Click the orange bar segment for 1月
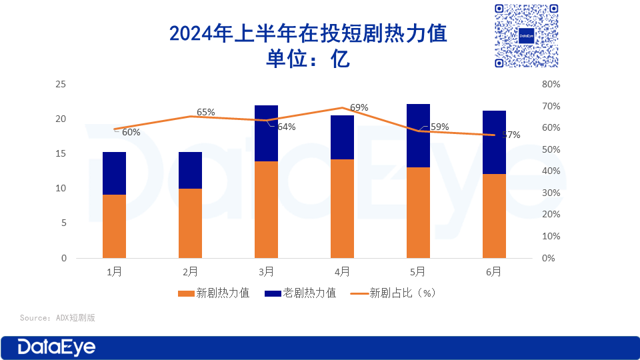(x=114, y=226)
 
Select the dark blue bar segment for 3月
(x=266, y=133)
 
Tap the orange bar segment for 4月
(x=342, y=208)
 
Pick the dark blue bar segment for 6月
(x=494, y=142)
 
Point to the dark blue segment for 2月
(x=190, y=170)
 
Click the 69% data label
(x=359, y=107)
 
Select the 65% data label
(x=206, y=112)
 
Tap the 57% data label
(x=511, y=135)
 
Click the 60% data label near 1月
(x=131, y=132)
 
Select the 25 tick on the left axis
(x=61, y=85)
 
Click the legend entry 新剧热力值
(x=215, y=293)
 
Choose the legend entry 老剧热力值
(x=301, y=293)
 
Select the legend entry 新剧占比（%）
(x=394, y=293)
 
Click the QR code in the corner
(x=527, y=35)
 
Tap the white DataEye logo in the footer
(x=57, y=347)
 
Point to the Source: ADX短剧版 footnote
(x=57, y=317)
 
